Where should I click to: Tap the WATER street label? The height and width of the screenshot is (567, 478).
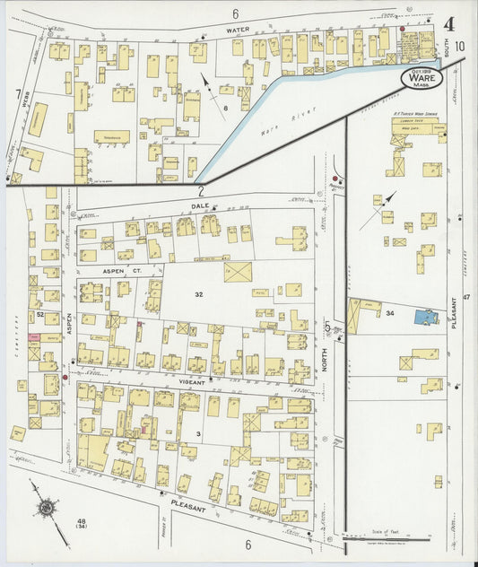tap(238, 30)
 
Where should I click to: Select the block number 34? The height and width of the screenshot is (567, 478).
tap(390, 313)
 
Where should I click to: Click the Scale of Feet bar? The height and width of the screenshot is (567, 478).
tap(401, 540)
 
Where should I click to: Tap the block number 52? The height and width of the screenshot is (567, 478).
tap(39, 315)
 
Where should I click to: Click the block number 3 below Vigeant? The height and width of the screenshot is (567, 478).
tap(197, 433)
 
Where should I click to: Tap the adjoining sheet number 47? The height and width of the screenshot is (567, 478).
tap(465, 297)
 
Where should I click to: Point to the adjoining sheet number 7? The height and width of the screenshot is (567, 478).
tap(17, 92)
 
